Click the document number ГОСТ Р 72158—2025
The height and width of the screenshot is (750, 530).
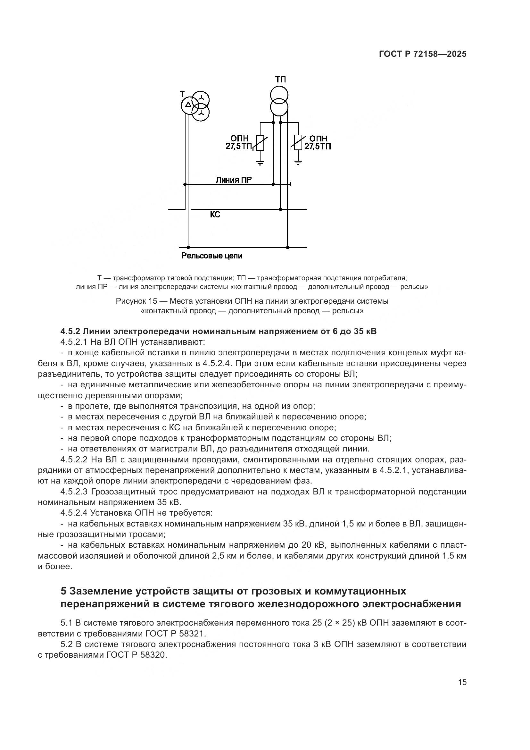(423, 54)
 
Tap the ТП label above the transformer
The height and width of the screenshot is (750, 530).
(280, 80)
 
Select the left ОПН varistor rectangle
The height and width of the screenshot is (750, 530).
(260, 143)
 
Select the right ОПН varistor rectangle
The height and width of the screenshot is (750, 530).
(298, 143)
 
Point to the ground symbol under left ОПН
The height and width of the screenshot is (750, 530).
(260, 163)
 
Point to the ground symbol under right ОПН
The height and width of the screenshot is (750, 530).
(298, 163)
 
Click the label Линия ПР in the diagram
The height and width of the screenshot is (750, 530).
(233, 180)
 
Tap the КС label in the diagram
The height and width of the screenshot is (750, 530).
(215, 215)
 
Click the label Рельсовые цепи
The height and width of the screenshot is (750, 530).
(212, 256)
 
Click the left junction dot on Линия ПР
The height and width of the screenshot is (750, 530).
(185, 185)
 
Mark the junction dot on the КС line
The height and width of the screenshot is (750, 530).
(280, 209)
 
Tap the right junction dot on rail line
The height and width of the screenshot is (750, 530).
(287, 248)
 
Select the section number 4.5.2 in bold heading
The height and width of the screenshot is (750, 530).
(70, 331)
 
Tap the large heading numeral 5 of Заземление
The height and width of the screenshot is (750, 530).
(64, 591)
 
